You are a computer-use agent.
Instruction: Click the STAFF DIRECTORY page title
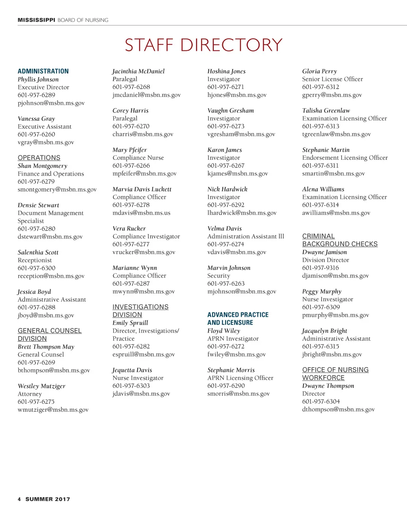click(x=203, y=45)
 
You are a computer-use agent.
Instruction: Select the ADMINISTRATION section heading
click(x=43, y=71)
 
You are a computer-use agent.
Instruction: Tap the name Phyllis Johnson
click(x=38, y=79)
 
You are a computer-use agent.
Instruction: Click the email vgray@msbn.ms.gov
click(x=46, y=142)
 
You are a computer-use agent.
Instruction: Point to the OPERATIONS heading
click(x=39, y=158)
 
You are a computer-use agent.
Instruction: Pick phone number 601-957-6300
click(x=37, y=268)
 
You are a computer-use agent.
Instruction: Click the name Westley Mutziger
click(x=41, y=386)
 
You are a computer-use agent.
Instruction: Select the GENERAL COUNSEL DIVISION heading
click(x=49, y=335)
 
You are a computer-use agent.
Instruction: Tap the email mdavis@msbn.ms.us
click(x=141, y=213)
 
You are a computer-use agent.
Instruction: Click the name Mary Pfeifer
click(x=130, y=150)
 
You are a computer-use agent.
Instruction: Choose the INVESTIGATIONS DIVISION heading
click(x=140, y=311)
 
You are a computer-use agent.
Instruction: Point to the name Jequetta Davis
click(x=132, y=370)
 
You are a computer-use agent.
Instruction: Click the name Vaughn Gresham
click(x=231, y=110)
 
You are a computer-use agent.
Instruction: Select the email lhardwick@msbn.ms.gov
click(x=242, y=213)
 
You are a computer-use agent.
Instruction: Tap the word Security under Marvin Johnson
click(x=219, y=276)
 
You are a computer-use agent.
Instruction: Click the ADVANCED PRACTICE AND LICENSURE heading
click(x=238, y=319)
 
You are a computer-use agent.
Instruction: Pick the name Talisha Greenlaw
click(x=326, y=110)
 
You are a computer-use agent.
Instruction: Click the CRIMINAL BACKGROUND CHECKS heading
click(x=339, y=240)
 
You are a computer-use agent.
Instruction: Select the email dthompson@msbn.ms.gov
click(x=338, y=409)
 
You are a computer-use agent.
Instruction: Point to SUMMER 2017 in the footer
click(x=48, y=499)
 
